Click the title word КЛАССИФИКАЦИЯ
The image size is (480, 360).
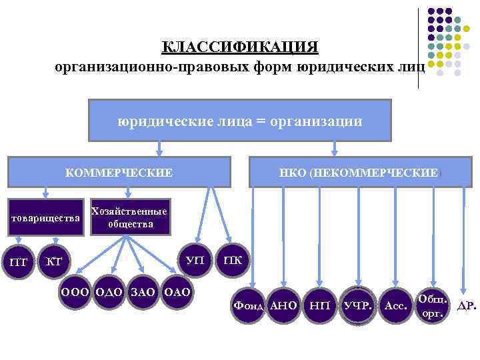tap(240, 47)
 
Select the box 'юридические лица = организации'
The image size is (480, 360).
tap(239, 121)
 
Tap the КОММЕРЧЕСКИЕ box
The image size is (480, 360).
tap(119, 172)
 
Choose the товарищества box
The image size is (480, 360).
tap(45, 217)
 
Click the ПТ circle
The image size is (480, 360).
tap(19, 261)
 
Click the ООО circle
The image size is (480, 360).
tap(76, 291)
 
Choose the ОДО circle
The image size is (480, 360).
tap(109, 291)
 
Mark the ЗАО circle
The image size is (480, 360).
tap(143, 291)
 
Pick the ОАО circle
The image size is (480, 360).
tap(176, 291)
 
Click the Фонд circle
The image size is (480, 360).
tap(249, 305)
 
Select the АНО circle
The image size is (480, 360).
tap(284, 305)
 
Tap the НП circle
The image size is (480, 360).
tap(321, 305)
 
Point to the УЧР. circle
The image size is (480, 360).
tap(358, 305)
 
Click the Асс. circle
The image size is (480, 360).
tap(396, 305)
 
